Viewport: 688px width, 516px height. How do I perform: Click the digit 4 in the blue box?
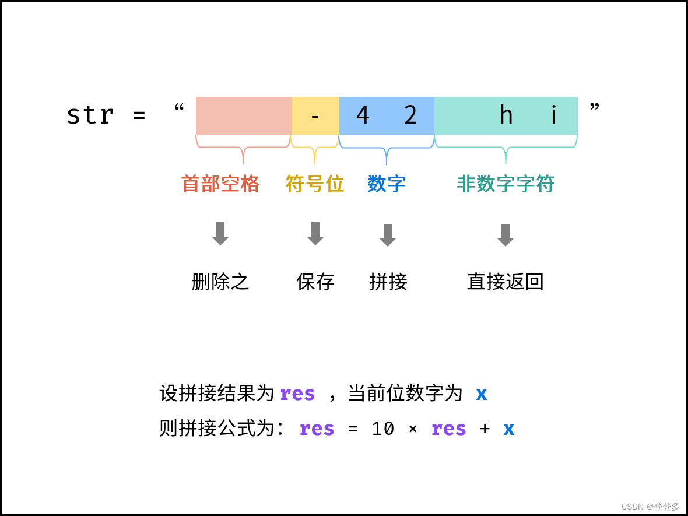[x=363, y=115]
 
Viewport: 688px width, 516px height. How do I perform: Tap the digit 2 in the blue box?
[x=410, y=115]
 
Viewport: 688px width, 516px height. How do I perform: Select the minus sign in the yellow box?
[x=315, y=116]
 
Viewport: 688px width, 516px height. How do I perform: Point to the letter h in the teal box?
[x=506, y=115]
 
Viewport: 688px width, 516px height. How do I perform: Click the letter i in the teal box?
[x=553, y=115]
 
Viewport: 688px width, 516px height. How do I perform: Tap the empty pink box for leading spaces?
[x=243, y=115]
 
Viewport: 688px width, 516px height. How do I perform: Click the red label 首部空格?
[x=220, y=184]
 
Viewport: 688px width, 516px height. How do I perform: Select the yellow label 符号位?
[x=315, y=184]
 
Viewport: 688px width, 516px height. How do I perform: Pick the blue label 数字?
[x=387, y=184]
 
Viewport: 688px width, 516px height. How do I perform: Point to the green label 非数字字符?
[x=506, y=184]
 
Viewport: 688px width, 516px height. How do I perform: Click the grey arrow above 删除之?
[x=220, y=233]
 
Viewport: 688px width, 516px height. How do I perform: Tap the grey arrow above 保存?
[x=315, y=233]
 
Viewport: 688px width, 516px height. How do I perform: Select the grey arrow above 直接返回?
[x=506, y=235]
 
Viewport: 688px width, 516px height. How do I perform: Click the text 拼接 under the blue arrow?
[x=388, y=282]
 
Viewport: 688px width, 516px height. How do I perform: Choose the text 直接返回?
[x=506, y=282]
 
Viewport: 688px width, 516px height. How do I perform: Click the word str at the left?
[x=90, y=115]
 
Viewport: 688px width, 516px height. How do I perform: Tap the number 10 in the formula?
[x=383, y=429]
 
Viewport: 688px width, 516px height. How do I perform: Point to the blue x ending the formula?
[x=508, y=429]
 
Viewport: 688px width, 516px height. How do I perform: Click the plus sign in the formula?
[x=485, y=429]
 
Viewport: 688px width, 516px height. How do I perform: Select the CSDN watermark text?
[x=650, y=506]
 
